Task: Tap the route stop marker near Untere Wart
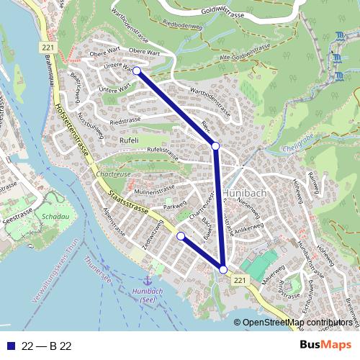(x=137, y=71)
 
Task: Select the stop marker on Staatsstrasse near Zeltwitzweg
(x=181, y=236)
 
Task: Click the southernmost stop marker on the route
(x=223, y=269)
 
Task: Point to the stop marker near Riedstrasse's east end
(x=215, y=146)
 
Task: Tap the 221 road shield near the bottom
(x=240, y=279)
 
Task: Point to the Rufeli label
(x=130, y=140)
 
